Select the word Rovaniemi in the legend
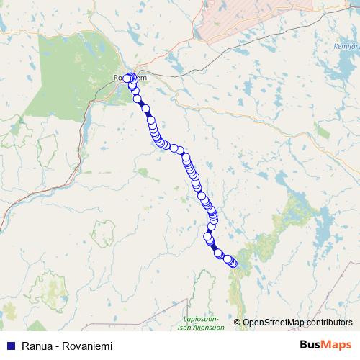(89, 346)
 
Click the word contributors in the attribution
(328, 322)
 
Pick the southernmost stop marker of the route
(233, 264)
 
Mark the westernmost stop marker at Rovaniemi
(127, 78)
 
